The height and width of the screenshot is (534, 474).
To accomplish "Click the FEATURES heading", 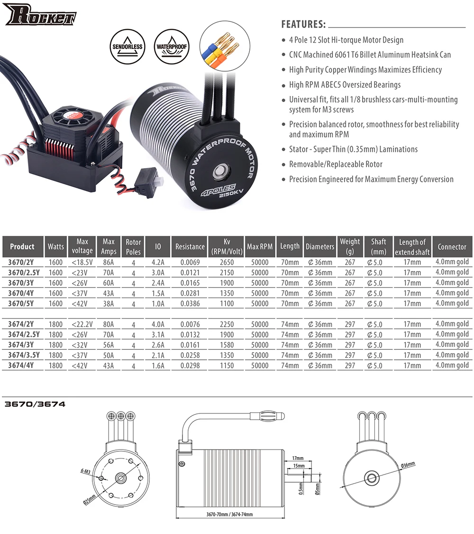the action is pos(303,24).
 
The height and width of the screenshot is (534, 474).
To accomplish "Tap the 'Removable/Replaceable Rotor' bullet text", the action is pos(336,164).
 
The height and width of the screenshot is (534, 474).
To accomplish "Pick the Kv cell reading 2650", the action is pos(226,262).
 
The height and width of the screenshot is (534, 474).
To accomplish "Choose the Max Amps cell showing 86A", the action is pos(109,262).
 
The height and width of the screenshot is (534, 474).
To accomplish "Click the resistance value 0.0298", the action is pos(190,365).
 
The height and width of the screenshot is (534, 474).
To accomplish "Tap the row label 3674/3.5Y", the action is pos(23,355).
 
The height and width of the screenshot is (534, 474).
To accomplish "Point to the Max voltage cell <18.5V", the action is pos(82,262).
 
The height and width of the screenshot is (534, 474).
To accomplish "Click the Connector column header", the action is pos(452,247).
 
